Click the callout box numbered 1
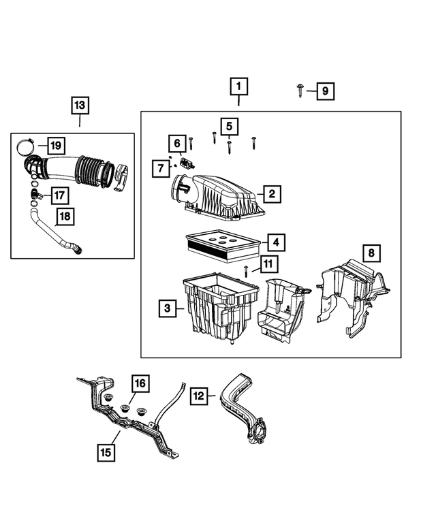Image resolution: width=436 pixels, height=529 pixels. (x=238, y=87)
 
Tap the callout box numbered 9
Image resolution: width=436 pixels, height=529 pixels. (x=325, y=91)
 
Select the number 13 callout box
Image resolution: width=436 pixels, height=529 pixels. (x=80, y=106)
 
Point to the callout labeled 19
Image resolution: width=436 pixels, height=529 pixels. (x=55, y=145)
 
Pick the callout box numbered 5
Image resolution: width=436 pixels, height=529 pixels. (x=229, y=126)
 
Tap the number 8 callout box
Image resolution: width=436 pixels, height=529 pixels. (x=371, y=254)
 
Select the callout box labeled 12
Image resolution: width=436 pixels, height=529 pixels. (x=198, y=395)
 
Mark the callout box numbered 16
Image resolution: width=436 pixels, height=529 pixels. (x=139, y=385)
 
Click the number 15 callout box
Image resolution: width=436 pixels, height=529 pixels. (x=106, y=450)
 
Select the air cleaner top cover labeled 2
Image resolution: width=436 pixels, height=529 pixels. (x=221, y=197)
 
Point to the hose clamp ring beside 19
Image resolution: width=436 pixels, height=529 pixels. (x=26, y=145)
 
